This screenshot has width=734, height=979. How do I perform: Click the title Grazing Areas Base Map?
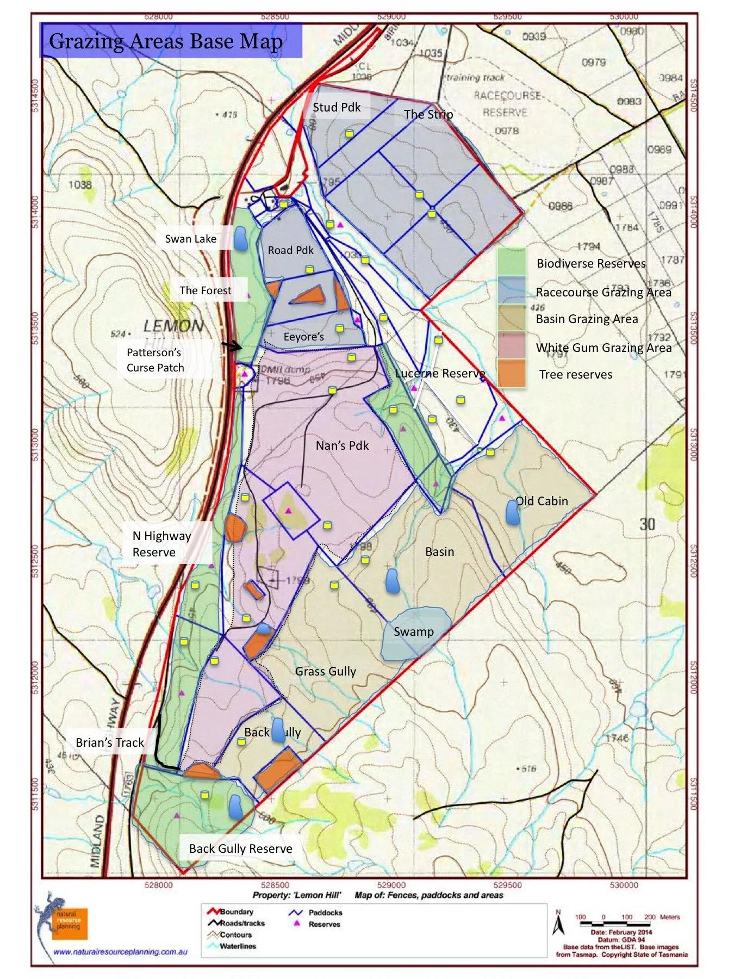point(166,41)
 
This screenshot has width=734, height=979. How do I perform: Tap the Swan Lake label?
point(190,239)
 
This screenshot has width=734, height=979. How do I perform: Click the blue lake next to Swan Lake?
point(240,239)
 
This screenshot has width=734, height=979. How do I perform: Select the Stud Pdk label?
point(337,107)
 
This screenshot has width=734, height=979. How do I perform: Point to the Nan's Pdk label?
point(342,445)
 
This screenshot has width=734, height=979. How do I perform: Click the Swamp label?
point(413,631)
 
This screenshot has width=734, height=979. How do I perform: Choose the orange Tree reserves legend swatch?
point(511,374)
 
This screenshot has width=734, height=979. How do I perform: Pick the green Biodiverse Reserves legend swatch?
point(511,262)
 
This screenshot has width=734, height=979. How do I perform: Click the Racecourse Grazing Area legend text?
point(603,292)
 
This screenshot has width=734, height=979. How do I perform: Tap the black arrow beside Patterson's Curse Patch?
point(232,346)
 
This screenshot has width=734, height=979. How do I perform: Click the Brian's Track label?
point(110,742)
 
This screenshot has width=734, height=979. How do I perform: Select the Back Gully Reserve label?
point(240,848)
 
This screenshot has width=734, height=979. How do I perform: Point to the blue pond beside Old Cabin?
point(512,512)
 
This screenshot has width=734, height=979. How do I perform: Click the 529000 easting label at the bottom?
point(391,885)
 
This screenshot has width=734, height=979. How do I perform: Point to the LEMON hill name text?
point(173,326)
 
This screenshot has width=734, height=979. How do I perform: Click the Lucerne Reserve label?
point(439,373)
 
